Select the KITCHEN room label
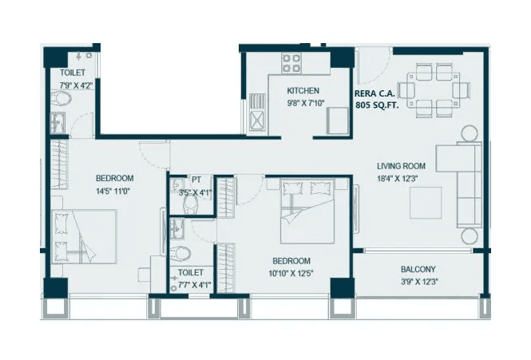click(x=303, y=91)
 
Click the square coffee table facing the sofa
click(x=426, y=203)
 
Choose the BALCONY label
click(x=418, y=269)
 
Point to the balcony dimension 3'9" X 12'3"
click(x=418, y=281)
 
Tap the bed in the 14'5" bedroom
click(x=84, y=235)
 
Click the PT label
click(x=196, y=180)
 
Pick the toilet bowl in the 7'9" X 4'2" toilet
click(x=61, y=100)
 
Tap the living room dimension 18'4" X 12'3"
click(x=401, y=179)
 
